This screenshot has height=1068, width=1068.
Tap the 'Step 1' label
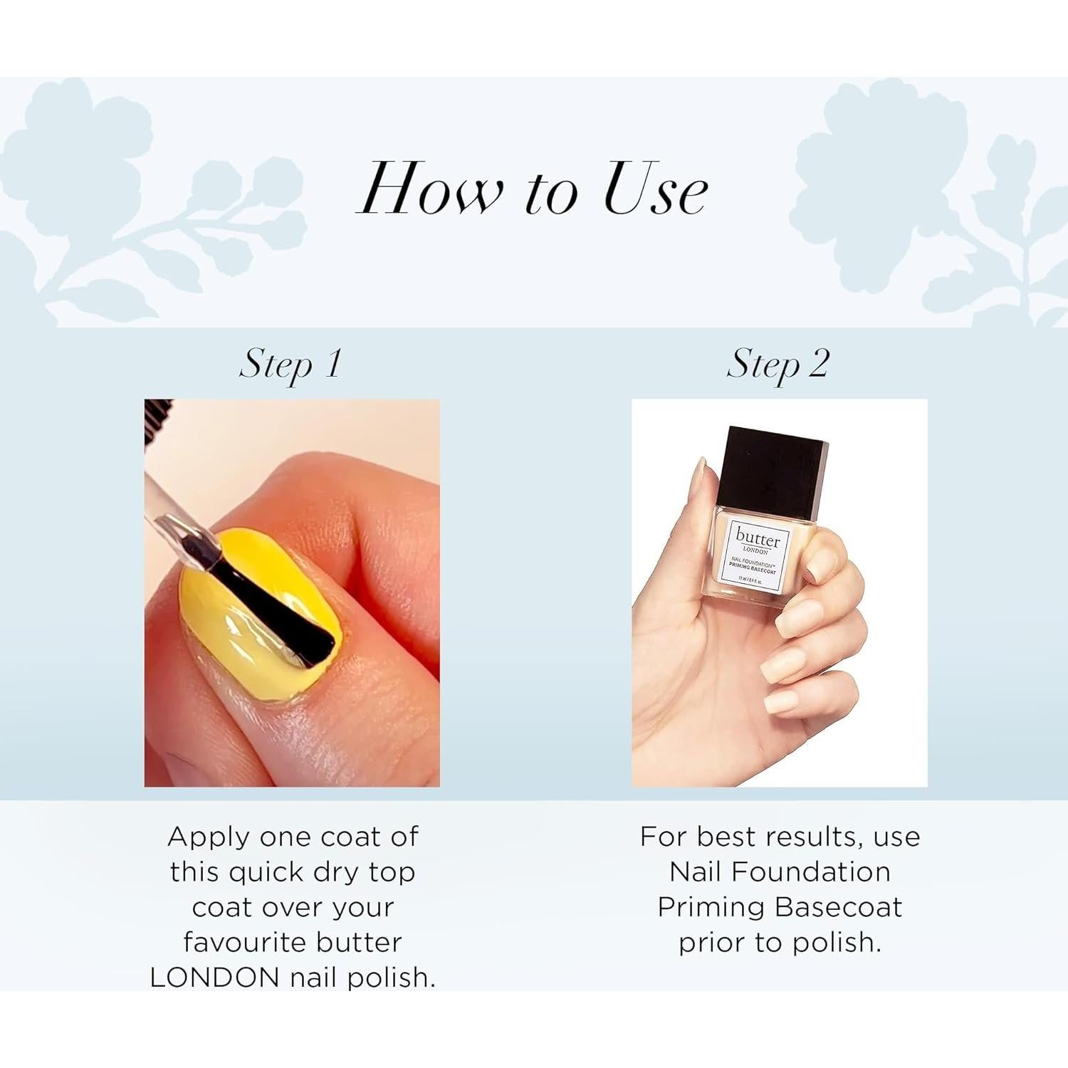pos(290,365)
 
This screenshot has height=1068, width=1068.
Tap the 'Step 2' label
pos(778,365)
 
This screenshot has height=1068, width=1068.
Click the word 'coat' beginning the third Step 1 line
pos(221,907)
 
